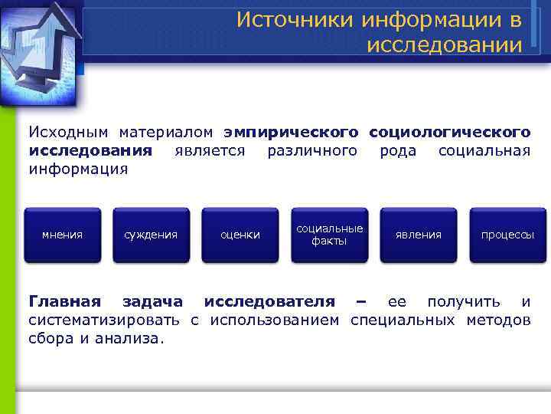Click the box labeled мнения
click(62, 235)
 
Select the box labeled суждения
click(151, 235)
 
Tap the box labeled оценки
click(240, 235)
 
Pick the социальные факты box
click(329, 235)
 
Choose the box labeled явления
click(418, 235)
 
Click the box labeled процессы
click(507, 235)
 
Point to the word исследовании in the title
click(445, 45)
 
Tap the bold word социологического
click(449, 131)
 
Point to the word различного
click(311, 149)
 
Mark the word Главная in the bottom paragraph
click(64, 300)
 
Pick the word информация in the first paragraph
click(78, 168)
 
